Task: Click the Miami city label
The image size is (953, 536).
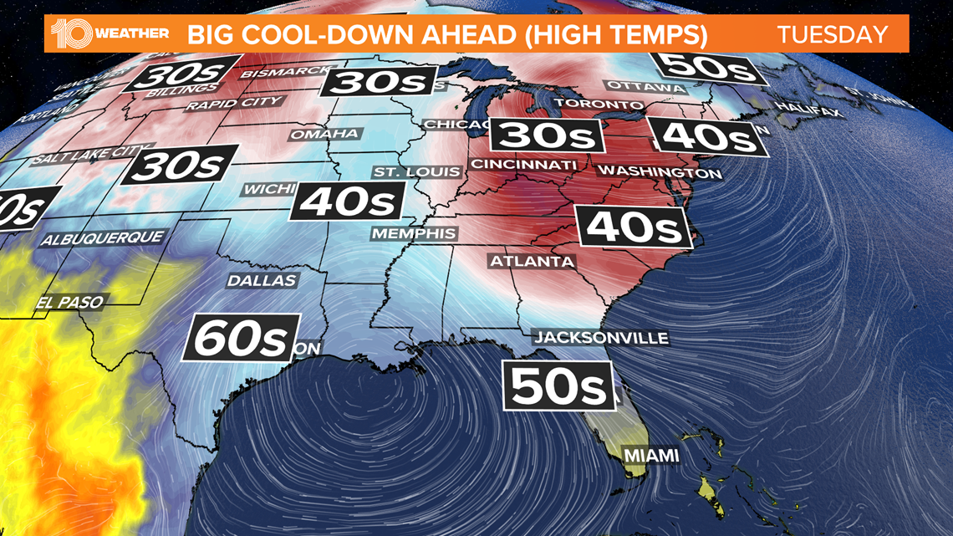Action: coord(650,456)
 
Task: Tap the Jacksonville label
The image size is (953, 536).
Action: coord(602,338)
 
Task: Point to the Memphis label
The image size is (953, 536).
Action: coord(414,233)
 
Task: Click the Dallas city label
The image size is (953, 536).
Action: coord(262,281)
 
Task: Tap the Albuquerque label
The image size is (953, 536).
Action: coord(103,238)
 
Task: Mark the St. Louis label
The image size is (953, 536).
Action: coord(416,172)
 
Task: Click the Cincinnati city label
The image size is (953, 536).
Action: coord(523,164)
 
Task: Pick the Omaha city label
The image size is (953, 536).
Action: coord(324,134)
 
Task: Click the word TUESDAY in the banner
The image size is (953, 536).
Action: coord(832,35)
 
